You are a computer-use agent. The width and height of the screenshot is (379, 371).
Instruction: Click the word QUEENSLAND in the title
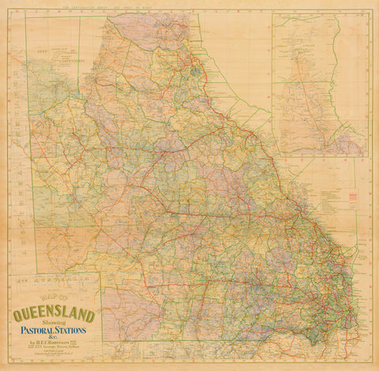click(x=54, y=316)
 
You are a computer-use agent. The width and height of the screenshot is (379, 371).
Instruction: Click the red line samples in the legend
click(x=353, y=195)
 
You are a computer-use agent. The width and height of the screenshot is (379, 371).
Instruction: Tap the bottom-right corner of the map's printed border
click(x=370, y=362)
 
